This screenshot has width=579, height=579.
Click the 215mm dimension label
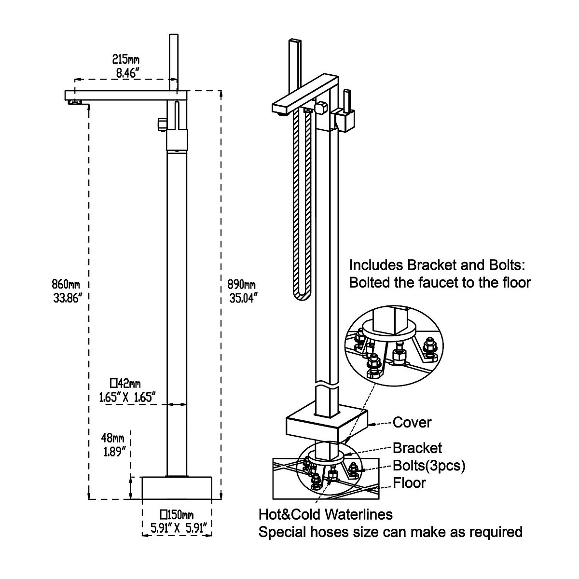pos(125,59)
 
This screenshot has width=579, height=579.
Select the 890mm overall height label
pos(241,285)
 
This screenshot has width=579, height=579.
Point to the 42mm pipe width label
pos(125,384)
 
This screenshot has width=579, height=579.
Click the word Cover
pos(412,423)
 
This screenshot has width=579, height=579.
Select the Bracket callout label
pos(417,448)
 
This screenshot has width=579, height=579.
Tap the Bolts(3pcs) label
pos(429,466)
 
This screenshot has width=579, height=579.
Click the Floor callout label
pos(409,482)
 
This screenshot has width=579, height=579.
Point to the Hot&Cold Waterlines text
pos(326,514)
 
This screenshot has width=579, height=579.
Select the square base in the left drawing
pos(178,488)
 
